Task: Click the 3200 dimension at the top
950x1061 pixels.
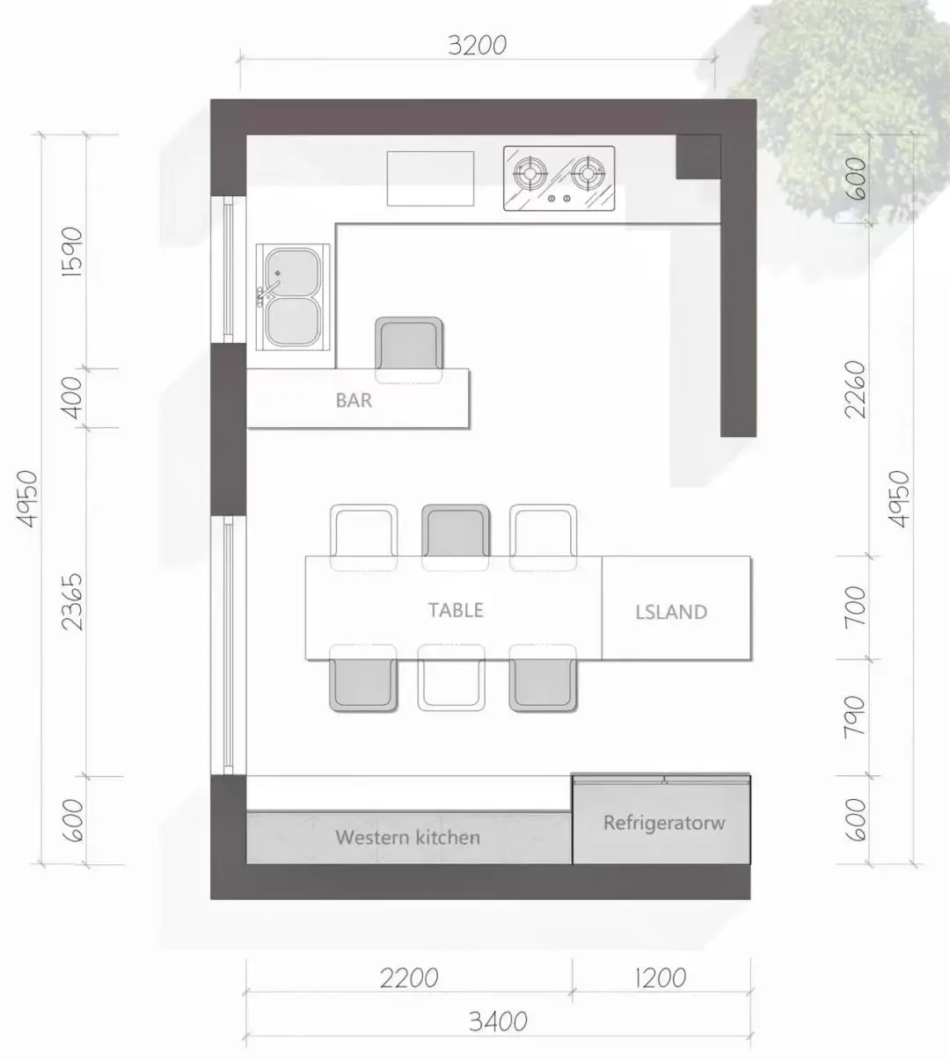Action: point(478,46)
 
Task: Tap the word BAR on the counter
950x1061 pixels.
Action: point(354,401)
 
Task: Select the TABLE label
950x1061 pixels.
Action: point(456,610)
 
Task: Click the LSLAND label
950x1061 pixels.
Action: point(671,612)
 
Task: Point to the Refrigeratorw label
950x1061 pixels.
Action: point(664,823)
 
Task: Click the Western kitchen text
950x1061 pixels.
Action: point(407,838)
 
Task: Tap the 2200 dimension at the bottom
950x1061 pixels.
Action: point(409,978)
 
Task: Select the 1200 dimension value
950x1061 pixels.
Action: point(661,978)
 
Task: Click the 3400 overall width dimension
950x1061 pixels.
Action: point(498,1021)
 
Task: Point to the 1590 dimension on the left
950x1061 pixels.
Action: point(72,252)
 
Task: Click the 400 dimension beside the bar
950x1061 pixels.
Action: point(72,398)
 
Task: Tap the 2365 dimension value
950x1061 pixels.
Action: point(72,602)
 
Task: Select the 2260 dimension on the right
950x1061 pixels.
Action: point(855,389)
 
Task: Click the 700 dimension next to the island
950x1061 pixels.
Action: point(855,607)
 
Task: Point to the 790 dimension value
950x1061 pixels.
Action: point(855,717)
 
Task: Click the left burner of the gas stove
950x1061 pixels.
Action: point(530,173)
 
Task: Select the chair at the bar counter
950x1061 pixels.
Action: point(409,349)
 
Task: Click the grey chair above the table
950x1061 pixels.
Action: point(456,537)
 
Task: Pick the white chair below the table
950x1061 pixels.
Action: point(451,677)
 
